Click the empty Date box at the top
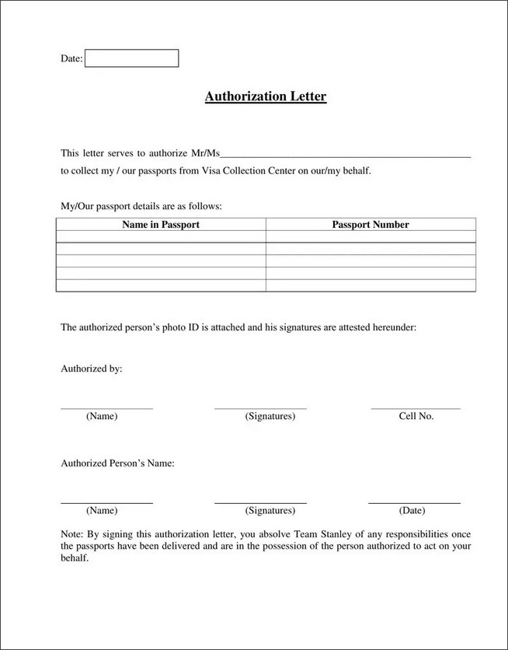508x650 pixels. [x=131, y=58]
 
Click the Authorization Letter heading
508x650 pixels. [x=266, y=97]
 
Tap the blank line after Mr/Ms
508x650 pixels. [x=346, y=156]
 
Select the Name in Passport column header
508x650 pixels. [x=161, y=225]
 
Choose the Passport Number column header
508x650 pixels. [x=371, y=225]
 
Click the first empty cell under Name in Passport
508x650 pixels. [x=161, y=237]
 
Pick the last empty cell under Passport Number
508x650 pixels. [x=371, y=285]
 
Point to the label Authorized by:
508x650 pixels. [x=92, y=369]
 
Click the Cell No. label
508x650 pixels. [x=416, y=416]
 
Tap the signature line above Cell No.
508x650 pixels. [x=416, y=408]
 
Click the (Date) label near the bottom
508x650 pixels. [x=412, y=511]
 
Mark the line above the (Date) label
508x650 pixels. [x=414, y=503]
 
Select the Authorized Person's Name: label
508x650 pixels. [x=117, y=463]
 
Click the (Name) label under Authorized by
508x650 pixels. [x=102, y=416]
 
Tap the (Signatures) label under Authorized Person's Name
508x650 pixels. [x=270, y=511]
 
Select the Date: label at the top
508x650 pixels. [x=71, y=59]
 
